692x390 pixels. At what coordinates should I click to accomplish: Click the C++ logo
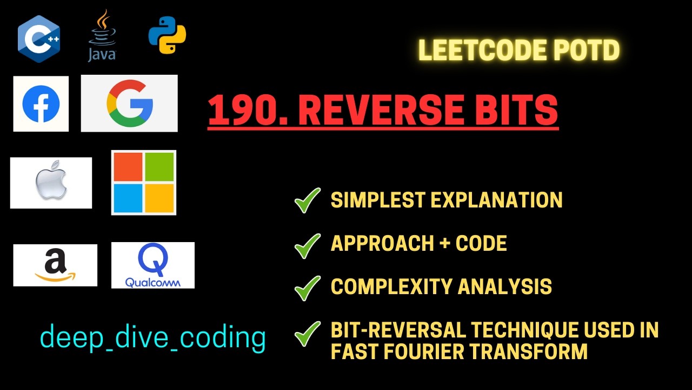click(38, 38)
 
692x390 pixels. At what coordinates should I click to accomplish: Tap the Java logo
click(102, 36)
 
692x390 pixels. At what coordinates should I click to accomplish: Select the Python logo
click(168, 35)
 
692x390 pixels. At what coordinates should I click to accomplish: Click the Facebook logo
click(41, 103)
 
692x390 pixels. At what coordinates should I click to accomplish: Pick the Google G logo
click(129, 103)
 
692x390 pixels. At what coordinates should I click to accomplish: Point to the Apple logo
click(51, 183)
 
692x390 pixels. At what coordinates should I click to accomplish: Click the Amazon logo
click(55, 265)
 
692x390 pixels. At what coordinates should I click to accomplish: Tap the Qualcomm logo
click(152, 265)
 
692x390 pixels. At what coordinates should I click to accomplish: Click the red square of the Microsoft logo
click(128, 167)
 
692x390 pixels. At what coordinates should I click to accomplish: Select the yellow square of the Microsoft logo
click(159, 198)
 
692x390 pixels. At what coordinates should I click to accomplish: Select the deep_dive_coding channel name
click(153, 337)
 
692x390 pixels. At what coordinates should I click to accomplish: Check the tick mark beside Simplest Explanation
click(308, 200)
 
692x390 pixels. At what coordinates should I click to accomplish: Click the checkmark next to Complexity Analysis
click(308, 287)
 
